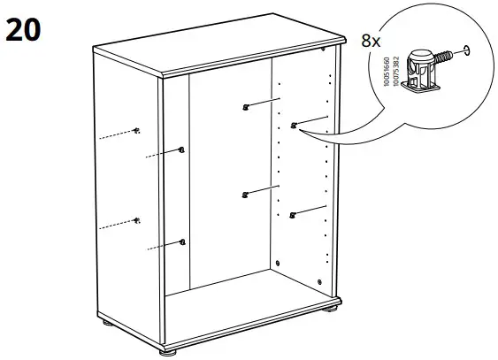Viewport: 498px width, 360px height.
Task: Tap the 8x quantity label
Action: (371, 41)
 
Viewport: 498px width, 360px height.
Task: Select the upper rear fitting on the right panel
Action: (245, 108)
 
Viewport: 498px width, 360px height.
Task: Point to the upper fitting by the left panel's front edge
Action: (180, 149)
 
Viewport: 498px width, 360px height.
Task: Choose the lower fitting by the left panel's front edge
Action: (181, 241)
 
